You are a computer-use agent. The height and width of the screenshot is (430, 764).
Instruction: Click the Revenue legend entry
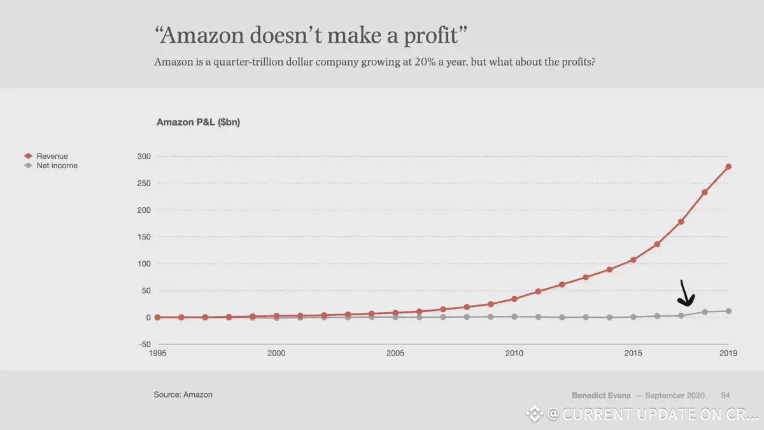52,156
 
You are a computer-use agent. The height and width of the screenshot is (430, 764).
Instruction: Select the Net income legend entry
56,166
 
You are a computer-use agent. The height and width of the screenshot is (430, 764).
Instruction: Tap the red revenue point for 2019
728,167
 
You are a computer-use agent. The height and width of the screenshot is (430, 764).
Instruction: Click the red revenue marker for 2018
705,192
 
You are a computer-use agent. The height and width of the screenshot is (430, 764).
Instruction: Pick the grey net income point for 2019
728,311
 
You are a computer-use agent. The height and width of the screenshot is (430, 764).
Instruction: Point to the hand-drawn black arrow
686,294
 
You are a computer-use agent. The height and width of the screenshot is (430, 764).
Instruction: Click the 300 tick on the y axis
144,156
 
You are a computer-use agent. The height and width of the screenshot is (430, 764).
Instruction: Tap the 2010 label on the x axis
514,353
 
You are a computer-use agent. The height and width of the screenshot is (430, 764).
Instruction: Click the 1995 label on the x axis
157,353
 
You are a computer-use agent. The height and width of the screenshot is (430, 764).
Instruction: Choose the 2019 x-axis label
728,353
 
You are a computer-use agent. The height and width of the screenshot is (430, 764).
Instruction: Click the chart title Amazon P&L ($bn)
198,122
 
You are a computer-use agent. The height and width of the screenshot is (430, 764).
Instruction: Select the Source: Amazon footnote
183,394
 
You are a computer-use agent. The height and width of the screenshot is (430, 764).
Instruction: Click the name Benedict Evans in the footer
602,395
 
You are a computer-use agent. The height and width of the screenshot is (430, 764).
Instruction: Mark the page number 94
726,395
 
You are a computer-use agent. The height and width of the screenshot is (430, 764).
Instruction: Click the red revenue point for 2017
681,222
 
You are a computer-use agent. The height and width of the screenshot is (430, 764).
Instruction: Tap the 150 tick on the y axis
144,237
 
